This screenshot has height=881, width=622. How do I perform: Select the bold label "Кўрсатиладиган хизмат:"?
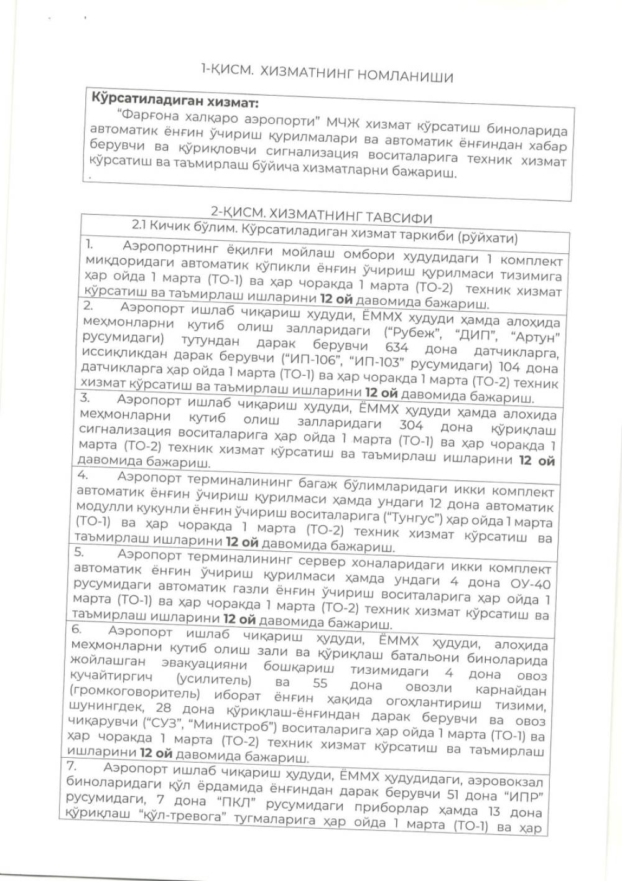[x=175, y=100]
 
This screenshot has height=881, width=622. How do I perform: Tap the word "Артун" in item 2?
[x=537, y=337]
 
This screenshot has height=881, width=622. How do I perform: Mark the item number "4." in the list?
[x=83, y=476]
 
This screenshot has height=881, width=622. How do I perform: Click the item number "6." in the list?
[x=77, y=629]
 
